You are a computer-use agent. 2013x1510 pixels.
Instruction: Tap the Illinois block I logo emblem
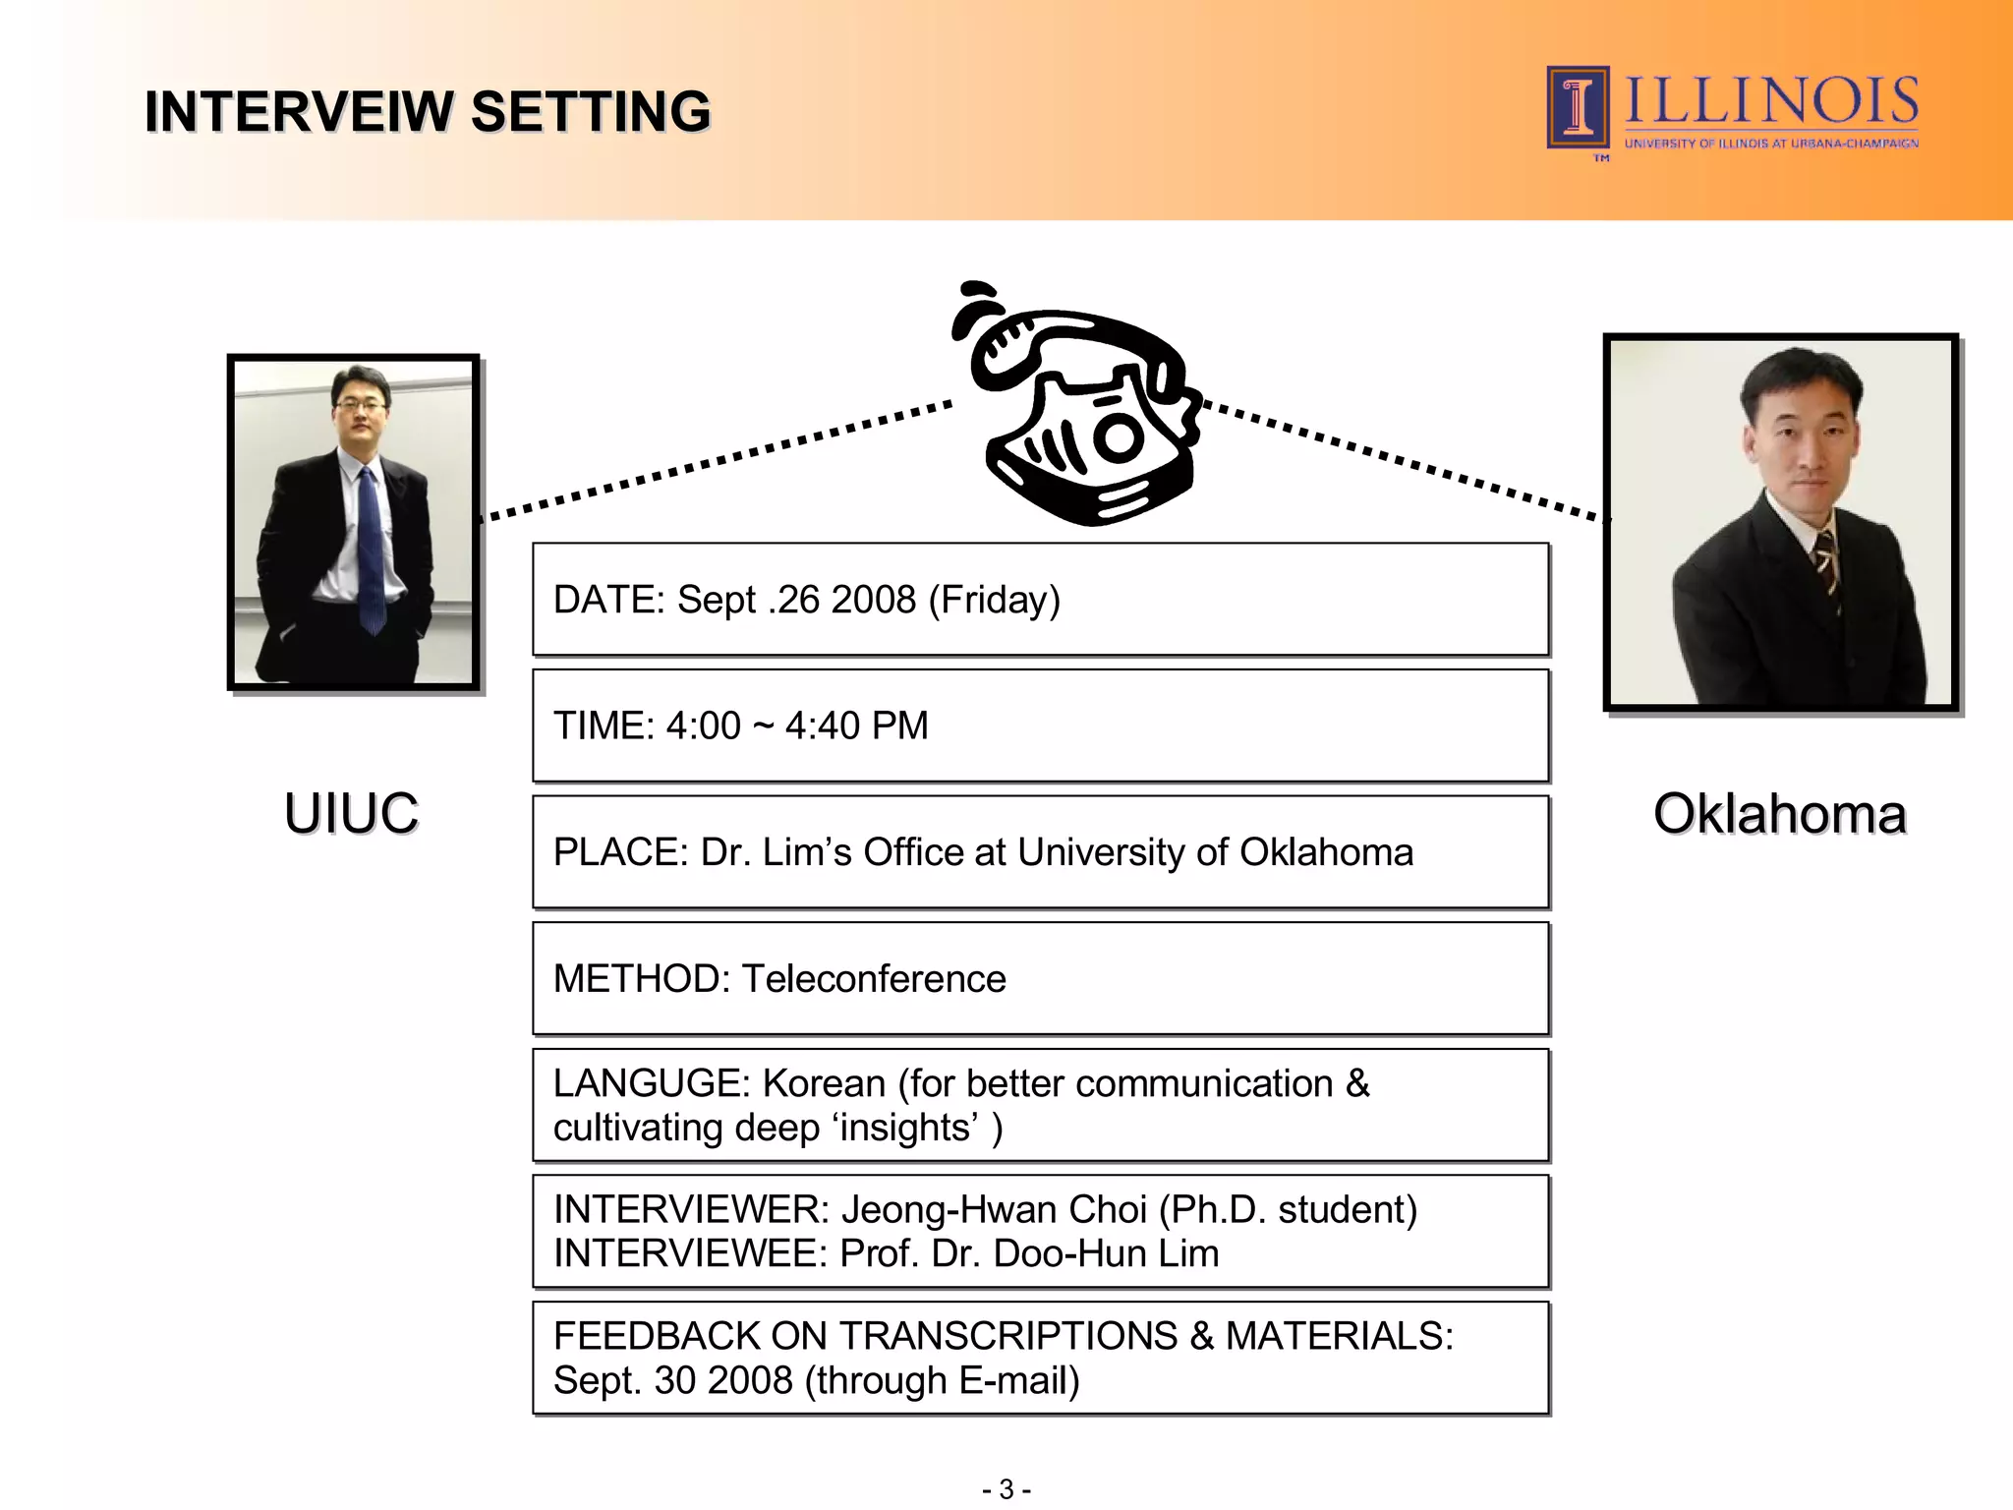1578,107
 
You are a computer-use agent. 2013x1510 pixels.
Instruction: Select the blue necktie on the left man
369,551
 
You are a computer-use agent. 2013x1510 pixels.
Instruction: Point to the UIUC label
351,814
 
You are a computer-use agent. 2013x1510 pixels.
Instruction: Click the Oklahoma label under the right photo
1779,814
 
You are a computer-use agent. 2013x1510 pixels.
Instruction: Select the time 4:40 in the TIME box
822,726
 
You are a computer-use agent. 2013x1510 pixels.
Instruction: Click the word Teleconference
874,979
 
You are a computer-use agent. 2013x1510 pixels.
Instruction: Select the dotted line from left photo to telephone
718,459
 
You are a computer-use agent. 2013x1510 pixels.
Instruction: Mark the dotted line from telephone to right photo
1406,459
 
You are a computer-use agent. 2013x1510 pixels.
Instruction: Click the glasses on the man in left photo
360,404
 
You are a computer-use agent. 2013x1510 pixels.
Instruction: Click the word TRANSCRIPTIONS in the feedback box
1007,1337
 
